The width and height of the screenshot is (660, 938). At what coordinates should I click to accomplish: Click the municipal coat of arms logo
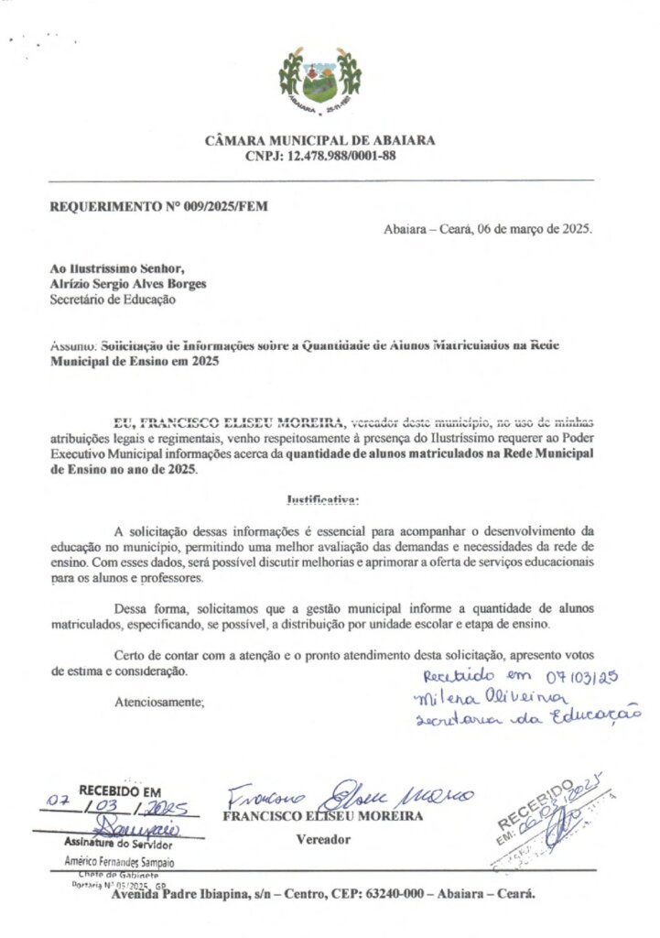[320, 82]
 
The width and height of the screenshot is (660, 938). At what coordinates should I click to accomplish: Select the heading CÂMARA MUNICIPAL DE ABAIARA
[320, 141]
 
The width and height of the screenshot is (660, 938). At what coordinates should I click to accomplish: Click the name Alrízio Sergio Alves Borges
[127, 283]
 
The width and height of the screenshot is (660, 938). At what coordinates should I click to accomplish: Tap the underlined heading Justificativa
[323, 500]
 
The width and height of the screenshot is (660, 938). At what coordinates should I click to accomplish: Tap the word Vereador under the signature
[321, 838]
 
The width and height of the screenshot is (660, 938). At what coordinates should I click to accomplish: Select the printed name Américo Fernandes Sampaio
[120, 861]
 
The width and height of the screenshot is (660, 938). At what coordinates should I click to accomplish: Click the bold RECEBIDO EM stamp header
[119, 791]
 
